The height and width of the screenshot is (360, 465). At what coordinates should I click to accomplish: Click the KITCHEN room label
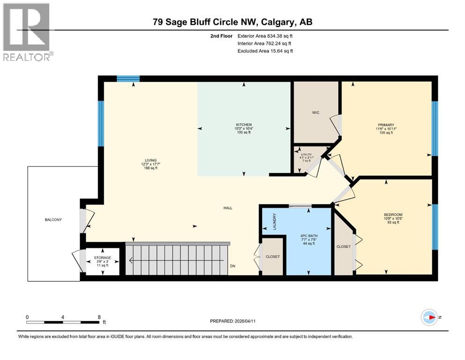click(244, 124)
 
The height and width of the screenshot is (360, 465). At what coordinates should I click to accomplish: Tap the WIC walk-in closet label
click(316, 112)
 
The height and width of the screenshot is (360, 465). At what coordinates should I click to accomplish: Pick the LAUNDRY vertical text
click(275, 221)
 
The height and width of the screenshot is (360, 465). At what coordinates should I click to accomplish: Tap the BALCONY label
click(53, 219)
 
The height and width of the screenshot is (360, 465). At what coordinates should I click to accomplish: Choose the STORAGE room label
click(102, 258)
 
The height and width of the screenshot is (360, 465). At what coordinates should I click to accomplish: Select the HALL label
click(228, 208)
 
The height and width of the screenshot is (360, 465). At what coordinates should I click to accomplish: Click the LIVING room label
click(151, 160)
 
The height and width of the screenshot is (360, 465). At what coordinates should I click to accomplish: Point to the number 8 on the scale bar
click(99, 317)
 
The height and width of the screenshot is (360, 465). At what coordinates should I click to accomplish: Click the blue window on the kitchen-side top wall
click(128, 79)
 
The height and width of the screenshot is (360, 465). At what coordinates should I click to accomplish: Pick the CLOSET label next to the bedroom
click(343, 246)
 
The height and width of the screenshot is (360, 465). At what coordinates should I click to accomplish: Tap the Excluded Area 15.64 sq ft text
click(265, 51)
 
